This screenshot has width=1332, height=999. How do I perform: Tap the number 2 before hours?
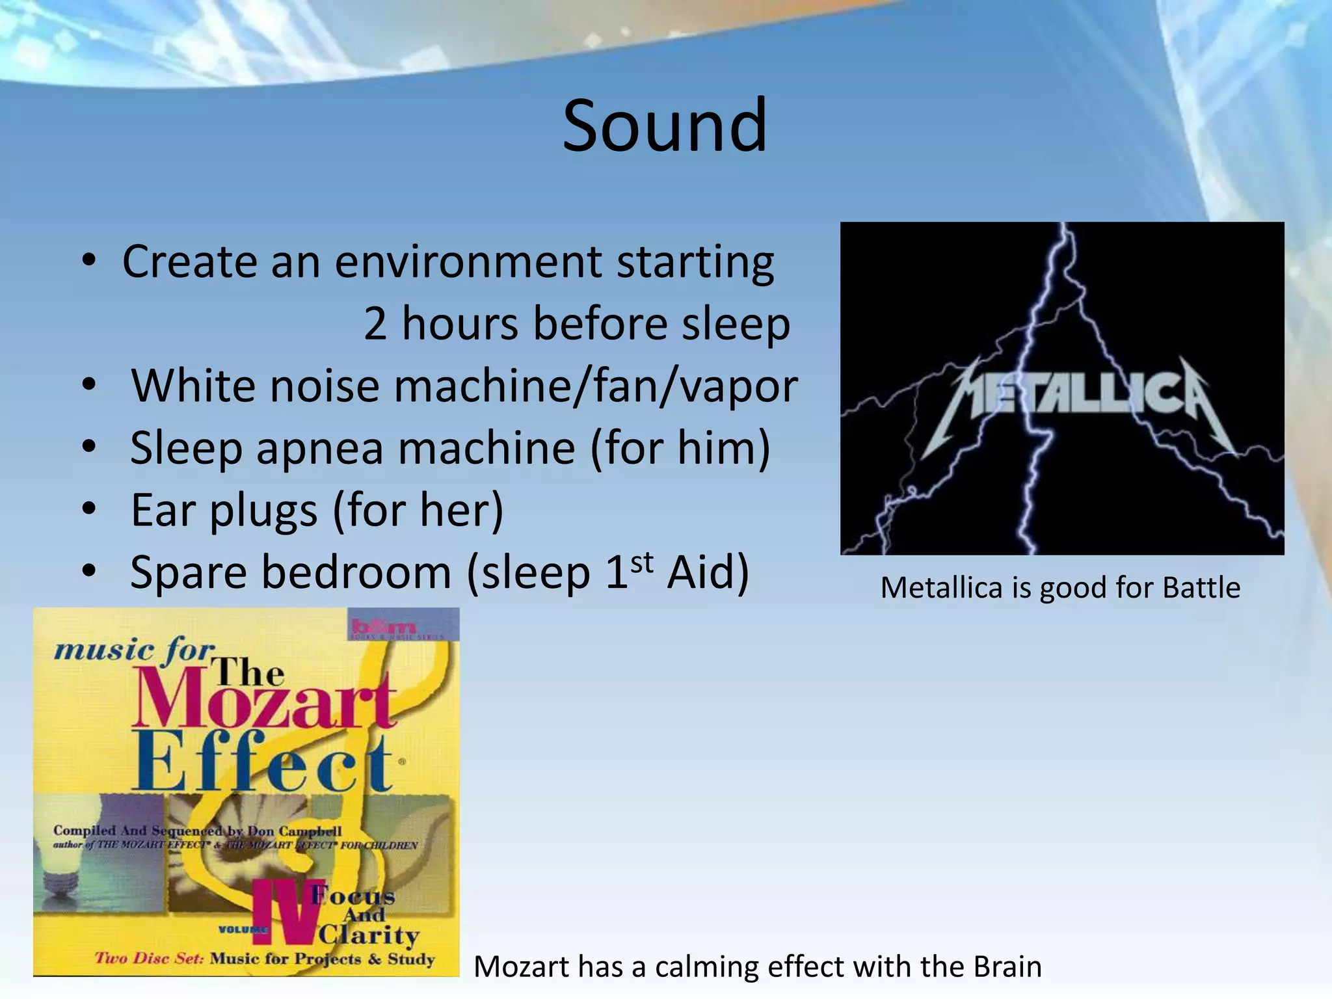tap(375, 323)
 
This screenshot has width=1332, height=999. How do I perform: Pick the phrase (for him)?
tap(680, 448)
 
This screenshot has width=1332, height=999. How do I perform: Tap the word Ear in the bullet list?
tap(163, 510)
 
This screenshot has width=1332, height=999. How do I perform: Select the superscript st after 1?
tap(641, 562)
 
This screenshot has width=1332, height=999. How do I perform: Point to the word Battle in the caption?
tap(1201, 588)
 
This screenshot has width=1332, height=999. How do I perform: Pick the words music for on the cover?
tap(133, 650)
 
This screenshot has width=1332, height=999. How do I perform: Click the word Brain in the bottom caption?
tap(1007, 966)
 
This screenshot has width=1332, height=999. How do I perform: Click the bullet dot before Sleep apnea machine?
tap(89, 447)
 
